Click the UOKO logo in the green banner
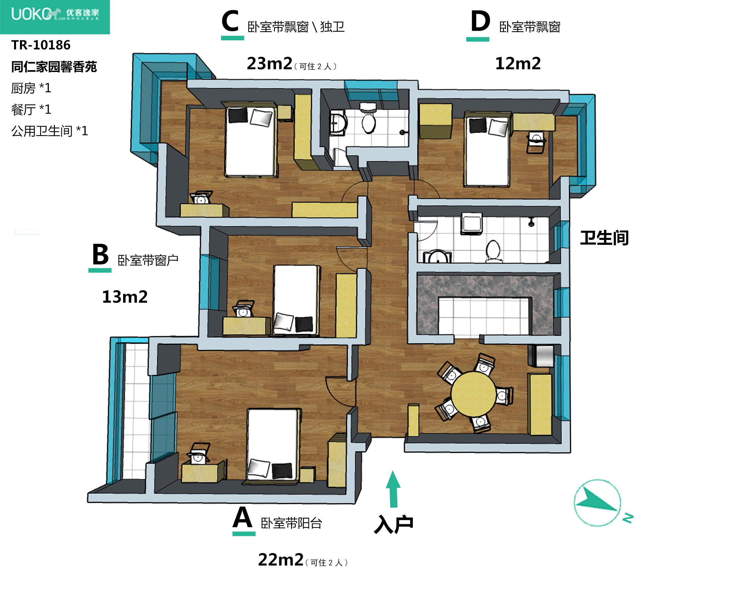tap(55, 14)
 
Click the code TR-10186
tap(41, 45)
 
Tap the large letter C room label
tap(230, 22)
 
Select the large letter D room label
tap(480, 22)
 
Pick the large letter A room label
tap(243, 517)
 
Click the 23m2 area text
tap(269, 64)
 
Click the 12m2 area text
tap(518, 64)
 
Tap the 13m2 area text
tap(125, 297)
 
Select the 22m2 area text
tap(281, 560)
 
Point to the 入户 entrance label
tap(394, 524)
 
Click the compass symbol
tap(598, 503)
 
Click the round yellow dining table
tap(473, 394)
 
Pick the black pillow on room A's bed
tap(282, 471)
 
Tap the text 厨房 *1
tap(31, 88)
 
